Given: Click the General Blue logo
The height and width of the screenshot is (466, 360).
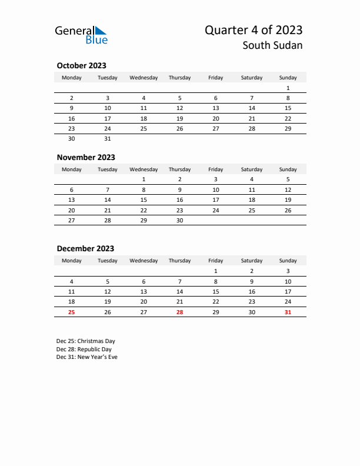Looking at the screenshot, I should [x=81, y=35].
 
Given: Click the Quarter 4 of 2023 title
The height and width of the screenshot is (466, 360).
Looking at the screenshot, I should [x=254, y=30].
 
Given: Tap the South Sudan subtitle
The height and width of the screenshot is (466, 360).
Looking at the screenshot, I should [x=274, y=45].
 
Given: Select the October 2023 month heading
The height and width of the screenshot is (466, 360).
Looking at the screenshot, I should [x=81, y=66].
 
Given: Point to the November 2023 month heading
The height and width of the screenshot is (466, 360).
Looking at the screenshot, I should [x=85, y=157].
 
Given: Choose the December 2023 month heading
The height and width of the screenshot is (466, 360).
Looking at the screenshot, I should [x=85, y=248].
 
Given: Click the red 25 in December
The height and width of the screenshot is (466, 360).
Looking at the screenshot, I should [x=72, y=312].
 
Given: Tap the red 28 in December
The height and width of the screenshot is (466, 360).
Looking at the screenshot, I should [x=179, y=312].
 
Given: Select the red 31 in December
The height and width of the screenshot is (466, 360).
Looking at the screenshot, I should [x=288, y=312].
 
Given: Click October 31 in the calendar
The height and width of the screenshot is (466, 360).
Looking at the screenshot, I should [x=108, y=139].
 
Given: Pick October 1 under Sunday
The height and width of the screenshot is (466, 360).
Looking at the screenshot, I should [x=288, y=88].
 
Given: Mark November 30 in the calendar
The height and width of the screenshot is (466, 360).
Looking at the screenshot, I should [x=179, y=220].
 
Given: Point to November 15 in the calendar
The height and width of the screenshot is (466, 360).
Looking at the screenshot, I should [x=144, y=199].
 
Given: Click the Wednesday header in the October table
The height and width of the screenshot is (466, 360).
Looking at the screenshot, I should [x=144, y=78].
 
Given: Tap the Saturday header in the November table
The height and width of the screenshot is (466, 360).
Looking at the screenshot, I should [x=252, y=169].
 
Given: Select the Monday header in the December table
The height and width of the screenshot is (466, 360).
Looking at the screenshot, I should [x=72, y=261].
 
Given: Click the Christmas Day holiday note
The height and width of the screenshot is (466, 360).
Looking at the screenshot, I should [x=86, y=341].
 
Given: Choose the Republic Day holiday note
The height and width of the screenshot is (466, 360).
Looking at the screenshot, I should [x=84, y=349].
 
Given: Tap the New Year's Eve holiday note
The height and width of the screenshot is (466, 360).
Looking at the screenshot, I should [x=87, y=357].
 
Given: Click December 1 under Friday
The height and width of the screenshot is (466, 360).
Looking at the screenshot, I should [x=216, y=271].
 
